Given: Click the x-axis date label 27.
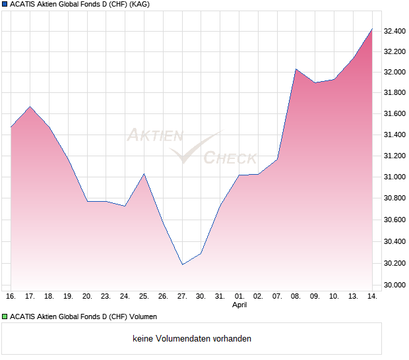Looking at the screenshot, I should click(x=182, y=296).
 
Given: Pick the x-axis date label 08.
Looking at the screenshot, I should click(x=296, y=296).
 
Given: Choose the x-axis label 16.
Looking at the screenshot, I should click(x=11, y=296).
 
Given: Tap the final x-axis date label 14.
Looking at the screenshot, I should click(x=372, y=296).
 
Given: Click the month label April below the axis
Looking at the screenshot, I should click(x=239, y=305).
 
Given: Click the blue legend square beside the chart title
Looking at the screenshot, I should click(x=5, y=5).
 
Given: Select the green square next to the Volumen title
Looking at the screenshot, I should click(x=5, y=317).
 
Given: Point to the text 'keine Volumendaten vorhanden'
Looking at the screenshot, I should click(x=192, y=339).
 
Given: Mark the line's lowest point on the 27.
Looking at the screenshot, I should click(x=182, y=264).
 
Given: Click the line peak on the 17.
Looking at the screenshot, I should click(x=30, y=106).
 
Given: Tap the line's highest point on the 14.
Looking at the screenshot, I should click(x=372, y=29).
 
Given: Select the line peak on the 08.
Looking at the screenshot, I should click(x=296, y=69).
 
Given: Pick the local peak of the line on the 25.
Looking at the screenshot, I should click(x=144, y=174).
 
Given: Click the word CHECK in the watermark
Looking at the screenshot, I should click(x=230, y=158).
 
